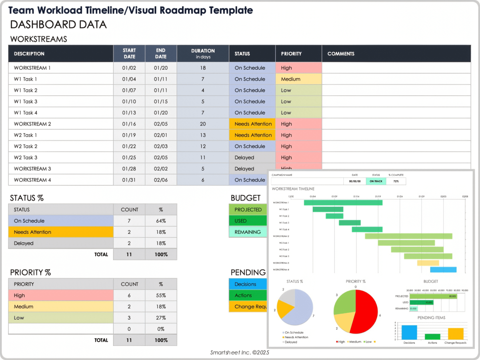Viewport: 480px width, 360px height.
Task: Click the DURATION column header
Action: click(x=203, y=54)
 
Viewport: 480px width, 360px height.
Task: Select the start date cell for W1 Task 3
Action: click(x=129, y=102)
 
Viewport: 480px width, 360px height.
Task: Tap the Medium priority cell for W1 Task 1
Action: click(x=298, y=79)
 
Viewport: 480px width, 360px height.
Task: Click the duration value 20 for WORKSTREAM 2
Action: click(x=203, y=124)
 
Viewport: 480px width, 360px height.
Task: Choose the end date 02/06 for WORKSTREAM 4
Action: click(x=161, y=180)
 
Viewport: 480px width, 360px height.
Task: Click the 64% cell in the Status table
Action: click(x=161, y=221)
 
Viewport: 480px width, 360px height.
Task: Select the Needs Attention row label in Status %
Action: click(x=61, y=232)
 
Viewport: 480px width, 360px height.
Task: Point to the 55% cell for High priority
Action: click(x=161, y=296)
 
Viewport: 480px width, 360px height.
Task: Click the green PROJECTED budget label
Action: click(x=248, y=210)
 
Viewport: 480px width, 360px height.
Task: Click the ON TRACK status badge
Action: click(x=376, y=181)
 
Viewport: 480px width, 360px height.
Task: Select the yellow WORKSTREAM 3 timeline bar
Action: click(x=428, y=263)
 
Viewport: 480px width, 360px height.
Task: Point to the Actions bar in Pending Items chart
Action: click(x=432, y=337)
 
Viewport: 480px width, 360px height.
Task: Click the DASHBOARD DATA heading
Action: click(x=58, y=25)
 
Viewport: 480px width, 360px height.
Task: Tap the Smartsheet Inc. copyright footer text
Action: click(x=240, y=353)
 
